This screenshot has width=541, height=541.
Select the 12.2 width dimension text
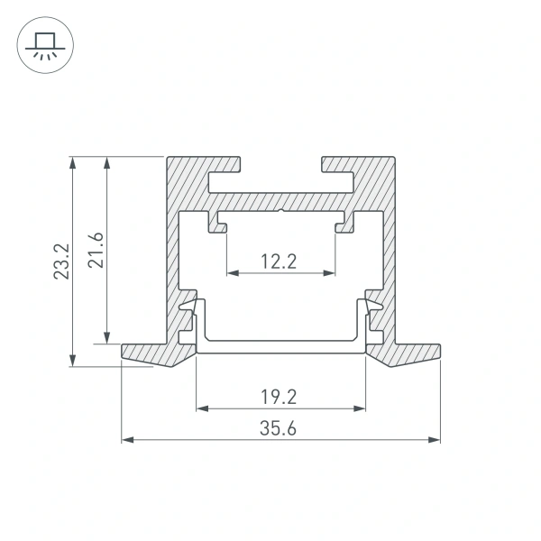(280, 261)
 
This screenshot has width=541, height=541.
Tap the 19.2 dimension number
(280, 395)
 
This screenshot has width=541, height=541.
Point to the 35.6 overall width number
(280, 428)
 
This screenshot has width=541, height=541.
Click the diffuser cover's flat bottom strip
(280, 347)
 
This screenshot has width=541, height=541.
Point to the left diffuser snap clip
(190, 311)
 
